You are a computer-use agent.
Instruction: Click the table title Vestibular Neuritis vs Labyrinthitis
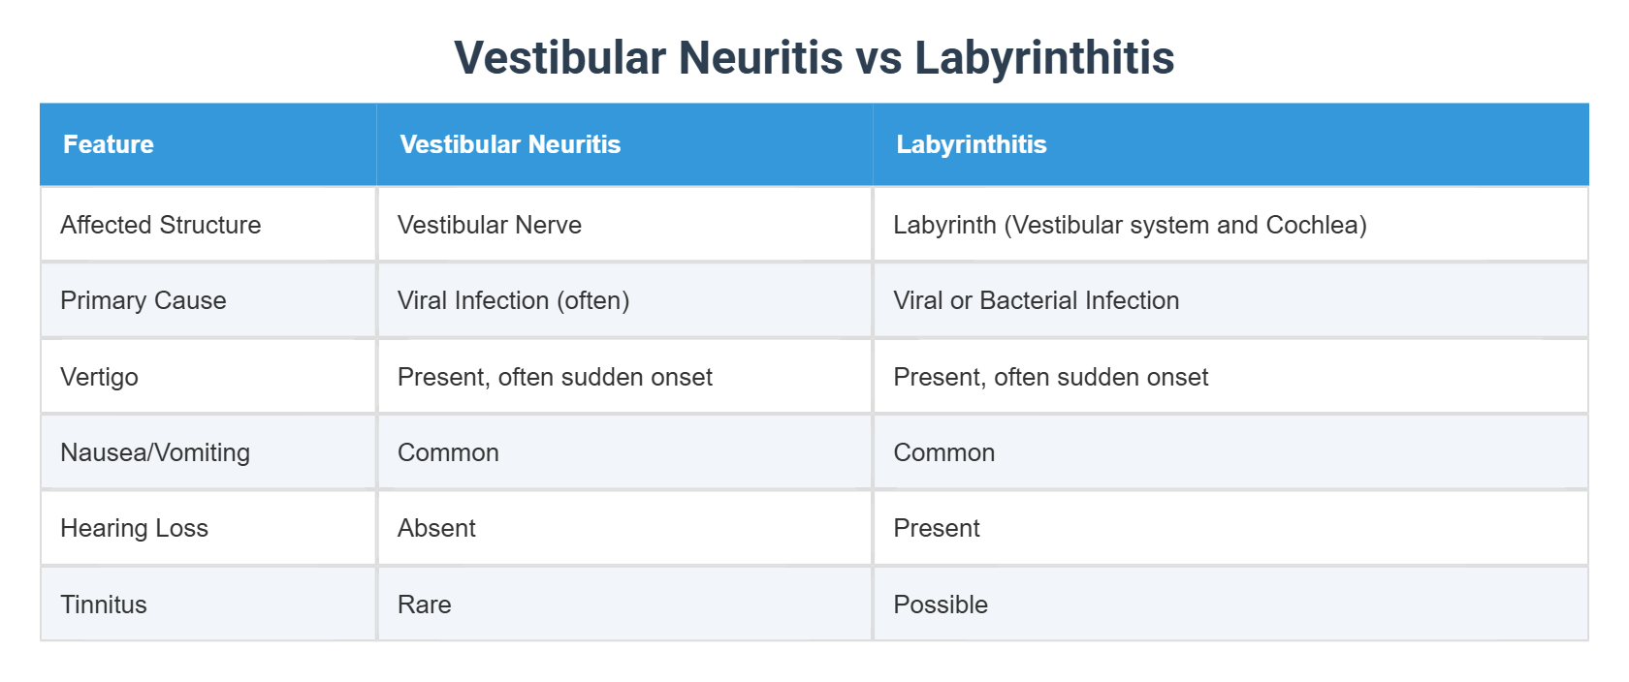click(x=814, y=57)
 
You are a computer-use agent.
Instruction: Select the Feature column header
click(x=109, y=144)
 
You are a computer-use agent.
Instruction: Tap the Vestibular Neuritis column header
click(x=510, y=144)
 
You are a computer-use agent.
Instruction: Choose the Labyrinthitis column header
click(x=971, y=144)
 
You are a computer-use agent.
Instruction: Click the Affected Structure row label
click(x=161, y=225)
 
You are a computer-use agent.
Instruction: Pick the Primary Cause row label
click(x=144, y=300)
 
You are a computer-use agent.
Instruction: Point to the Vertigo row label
click(x=100, y=377)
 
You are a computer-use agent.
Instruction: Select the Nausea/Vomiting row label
click(x=155, y=452)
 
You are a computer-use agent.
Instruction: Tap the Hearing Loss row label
click(x=135, y=528)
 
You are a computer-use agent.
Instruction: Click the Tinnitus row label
click(x=104, y=604)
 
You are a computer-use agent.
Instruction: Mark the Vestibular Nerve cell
click(x=490, y=225)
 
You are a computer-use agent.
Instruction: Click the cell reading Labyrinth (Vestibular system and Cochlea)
click(x=1130, y=225)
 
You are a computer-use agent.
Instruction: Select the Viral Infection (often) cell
click(x=514, y=300)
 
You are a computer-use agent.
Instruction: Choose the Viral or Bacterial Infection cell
click(x=1036, y=300)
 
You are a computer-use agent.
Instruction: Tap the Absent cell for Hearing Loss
click(x=436, y=528)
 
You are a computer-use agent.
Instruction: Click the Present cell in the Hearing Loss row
click(x=937, y=528)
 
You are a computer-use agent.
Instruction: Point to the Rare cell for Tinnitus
click(x=425, y=604)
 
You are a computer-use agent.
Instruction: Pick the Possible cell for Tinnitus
click(x=941, y=604)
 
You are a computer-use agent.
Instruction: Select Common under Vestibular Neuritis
click(x=448, y=452)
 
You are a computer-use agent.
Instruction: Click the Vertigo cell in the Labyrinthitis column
click(x=1050, y=377)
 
